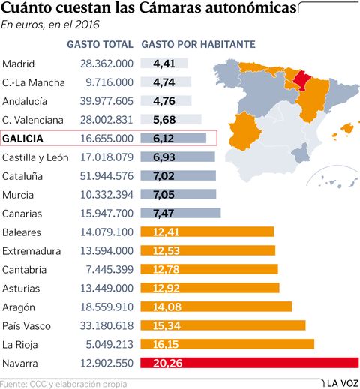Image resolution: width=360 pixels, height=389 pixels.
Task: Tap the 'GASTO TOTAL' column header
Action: coord(100,45)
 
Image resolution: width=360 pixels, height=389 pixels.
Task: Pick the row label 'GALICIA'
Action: coord(23,139)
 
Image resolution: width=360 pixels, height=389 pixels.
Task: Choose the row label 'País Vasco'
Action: coord(28,326)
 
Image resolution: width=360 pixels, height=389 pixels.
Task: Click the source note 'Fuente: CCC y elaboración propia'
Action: coord(64,384)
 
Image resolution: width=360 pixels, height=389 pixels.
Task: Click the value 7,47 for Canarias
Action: coord(163,214)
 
